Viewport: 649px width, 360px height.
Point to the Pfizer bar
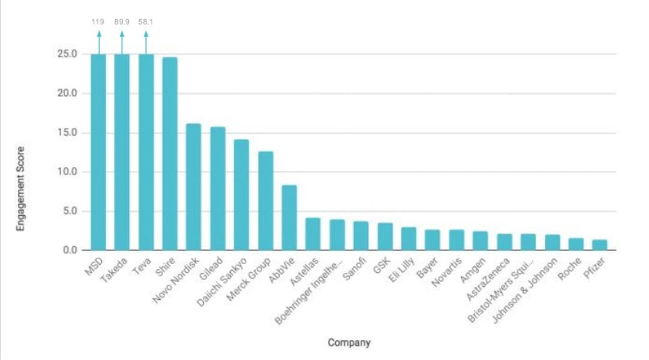coord(600,245)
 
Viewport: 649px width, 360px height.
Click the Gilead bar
coord(218,188)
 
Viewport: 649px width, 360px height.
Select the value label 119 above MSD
coord(98,22)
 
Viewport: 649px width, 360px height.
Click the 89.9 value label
coord(122,22)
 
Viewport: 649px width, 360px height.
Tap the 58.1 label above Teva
coord(146,22)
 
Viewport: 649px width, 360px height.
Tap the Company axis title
coord(349,343)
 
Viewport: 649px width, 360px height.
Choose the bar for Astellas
coord(313,234)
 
